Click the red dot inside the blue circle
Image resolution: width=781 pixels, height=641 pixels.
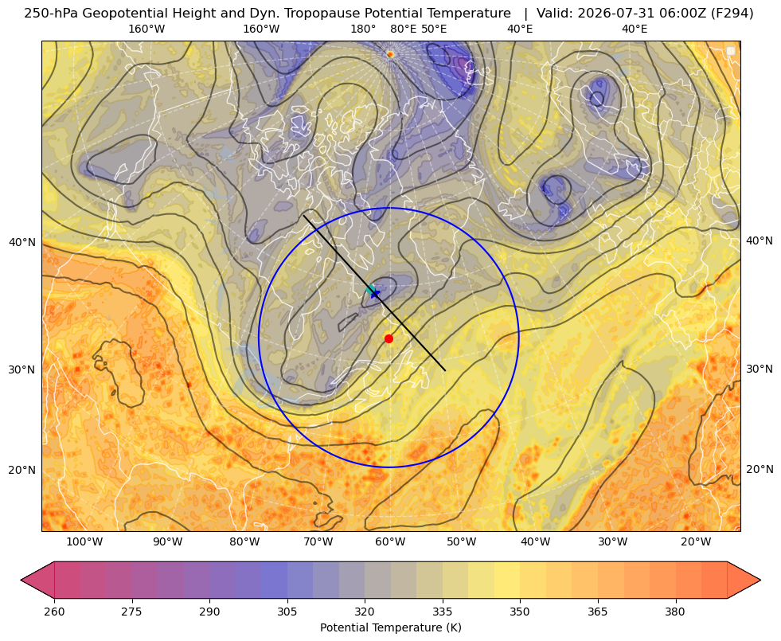(389, 338)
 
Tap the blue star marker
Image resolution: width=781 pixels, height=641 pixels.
(374, 293)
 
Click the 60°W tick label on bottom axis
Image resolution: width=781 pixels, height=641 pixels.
(389, 541)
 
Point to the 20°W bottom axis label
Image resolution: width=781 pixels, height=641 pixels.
(696, 541)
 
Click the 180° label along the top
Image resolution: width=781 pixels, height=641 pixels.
(363, 29)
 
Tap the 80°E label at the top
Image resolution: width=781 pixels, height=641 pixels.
(403, 29)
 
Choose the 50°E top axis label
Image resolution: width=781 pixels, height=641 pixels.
(434, 29)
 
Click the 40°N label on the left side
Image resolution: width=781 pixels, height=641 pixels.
(22, 243)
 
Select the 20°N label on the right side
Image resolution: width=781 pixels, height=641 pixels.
(760, 469)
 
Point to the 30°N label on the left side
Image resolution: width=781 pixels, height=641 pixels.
(22, 369)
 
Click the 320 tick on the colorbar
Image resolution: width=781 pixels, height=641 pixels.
(365, 612)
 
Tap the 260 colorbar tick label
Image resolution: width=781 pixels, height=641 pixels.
(54, 612)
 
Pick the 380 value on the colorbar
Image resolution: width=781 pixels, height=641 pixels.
(675, 612)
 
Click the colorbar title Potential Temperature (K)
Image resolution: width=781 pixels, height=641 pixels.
(390, 627)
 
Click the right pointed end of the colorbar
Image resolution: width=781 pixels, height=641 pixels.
(760, 580)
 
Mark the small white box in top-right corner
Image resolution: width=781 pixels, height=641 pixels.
(731, 51)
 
